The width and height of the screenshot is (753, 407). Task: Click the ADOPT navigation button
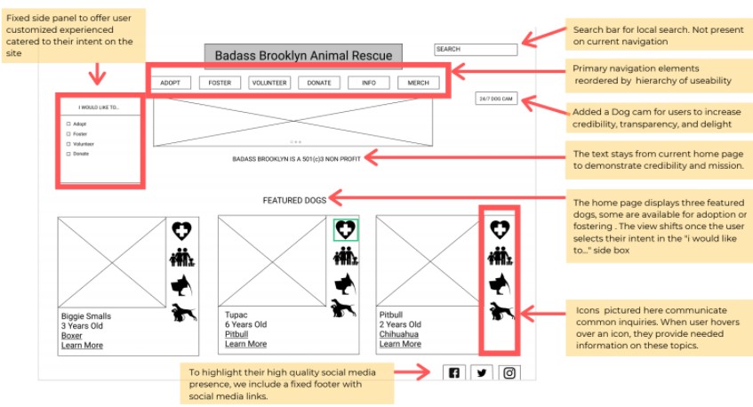pyautogui.click(x=171, y=83)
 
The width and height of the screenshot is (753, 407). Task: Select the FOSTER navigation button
pyautogui.click(x=220, y=83)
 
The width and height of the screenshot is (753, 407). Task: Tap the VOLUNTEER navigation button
pyautogui.click(x=269, y=83)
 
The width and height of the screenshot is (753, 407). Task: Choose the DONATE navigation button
pyautogui.click(x=319, y=83)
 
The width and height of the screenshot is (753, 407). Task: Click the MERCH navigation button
pyautogui.click(x=418, y=83)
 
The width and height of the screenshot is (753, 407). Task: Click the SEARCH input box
pyautogui.click(x=475, y=50)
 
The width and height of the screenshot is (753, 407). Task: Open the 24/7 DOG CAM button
pyautogui.click(x=496, y=98)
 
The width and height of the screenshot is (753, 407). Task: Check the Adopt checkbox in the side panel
pyautogui.click(x=69, y=124)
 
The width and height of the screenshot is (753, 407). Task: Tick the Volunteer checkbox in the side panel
pyautogui.click(x=69, y=143)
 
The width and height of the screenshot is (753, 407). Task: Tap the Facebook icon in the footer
pyautogui.click(x=454, y=373)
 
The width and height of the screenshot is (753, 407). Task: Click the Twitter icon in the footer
pyautogui.click(x=482, y=373)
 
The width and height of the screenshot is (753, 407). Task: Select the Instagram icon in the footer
pyautogui.click(x=509, y=373)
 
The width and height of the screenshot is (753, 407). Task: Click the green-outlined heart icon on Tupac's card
pyautogui.click(x=346, y=230)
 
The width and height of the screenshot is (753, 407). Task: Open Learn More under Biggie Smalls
pyautogui.click(x=82, y=346)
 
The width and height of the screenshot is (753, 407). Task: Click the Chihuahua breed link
pyautogui.click(x=399, y=335)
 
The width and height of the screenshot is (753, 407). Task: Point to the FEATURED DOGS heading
pyautogui.click(x=294, y=201)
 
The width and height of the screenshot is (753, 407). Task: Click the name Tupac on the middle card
pyautogui.click(x=236, y=315)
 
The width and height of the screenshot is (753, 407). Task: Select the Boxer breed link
pyautogui.click(x=72, y=336)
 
